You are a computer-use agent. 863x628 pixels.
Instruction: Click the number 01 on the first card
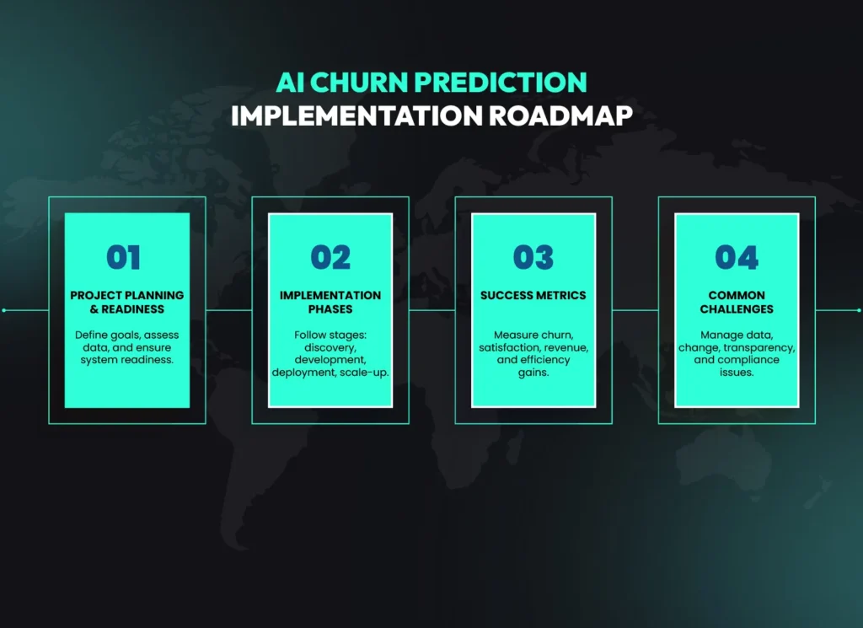tap(124, 257)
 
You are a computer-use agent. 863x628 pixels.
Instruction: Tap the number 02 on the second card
tap(330, 257)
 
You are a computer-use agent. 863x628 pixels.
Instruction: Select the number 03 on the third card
tap(533, 257)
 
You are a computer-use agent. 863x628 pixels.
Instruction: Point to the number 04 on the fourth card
tap(737, 257)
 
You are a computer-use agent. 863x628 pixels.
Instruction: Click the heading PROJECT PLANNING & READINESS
tap(127, 302)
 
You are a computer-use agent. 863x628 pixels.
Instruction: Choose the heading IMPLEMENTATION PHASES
tap(330, 302)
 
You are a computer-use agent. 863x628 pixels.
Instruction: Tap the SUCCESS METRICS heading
tap(533, 295)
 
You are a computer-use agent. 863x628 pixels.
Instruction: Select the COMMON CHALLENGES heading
tap(737, 302)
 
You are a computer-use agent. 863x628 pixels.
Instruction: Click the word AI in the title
tap(289, 82)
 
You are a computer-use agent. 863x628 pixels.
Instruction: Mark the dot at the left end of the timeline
tap(4, 310)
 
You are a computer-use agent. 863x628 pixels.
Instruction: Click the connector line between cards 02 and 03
tap(432, 310)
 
